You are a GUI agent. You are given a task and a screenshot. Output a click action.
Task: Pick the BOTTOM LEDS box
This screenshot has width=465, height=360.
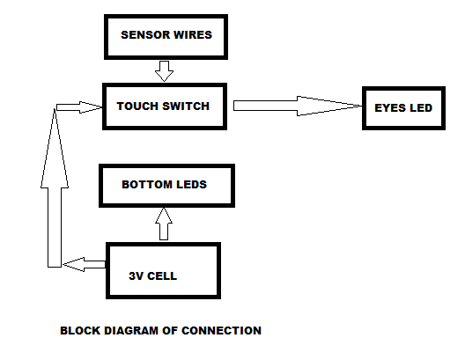pyautogui.click(x=166, y=186)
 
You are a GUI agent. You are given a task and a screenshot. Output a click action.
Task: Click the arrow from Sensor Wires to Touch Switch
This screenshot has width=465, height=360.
pyautogui.click(x=164, y=70)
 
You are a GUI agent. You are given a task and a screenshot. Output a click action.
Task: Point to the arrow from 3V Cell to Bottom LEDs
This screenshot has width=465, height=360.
pyautogui.click(x=163, y=224)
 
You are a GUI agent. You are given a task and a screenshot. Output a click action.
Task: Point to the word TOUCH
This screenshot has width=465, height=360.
pyautogui.click(x=137, y=107)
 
